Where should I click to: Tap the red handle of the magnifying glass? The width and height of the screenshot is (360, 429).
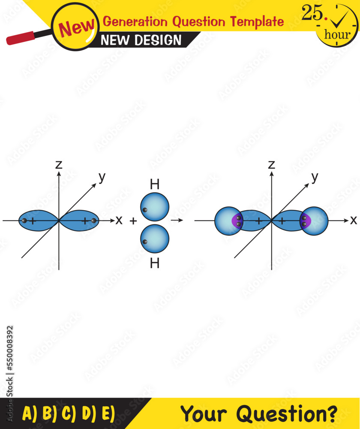(x=21, y=38)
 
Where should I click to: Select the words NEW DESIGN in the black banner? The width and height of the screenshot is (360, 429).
(x=141, y=40)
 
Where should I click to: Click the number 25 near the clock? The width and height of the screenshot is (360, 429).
(x=312, y=13)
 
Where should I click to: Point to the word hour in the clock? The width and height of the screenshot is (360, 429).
(x=337, y=34)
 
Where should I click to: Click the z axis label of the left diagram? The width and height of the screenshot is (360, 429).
(x=59, y=164)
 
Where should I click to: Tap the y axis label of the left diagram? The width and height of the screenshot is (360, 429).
(x=102, y=178)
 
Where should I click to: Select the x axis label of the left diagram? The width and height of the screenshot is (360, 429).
(x=119, y=220)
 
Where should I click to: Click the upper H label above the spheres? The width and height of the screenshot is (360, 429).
(x=155, y=184)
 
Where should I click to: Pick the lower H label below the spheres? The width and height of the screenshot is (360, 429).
(x=155, y=263)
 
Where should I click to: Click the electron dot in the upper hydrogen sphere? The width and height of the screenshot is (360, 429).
(x=145, y=210)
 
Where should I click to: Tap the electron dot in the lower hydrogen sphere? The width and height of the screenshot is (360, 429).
(x=145, y=242)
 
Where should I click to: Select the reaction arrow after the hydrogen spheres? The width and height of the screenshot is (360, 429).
(x=177, y=220)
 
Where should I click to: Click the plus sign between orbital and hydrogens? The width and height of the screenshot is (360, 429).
(x=133, y=221)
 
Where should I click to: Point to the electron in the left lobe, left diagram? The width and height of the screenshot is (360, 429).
(x=24, y=221)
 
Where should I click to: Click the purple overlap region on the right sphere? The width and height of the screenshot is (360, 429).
(x=305, y=221)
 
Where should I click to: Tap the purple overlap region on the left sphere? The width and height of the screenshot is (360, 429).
(x=237, y=221)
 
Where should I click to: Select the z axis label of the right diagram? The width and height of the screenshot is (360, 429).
(x=271, y=164)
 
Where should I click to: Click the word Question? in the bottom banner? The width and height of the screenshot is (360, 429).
(x=287, y=413)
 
